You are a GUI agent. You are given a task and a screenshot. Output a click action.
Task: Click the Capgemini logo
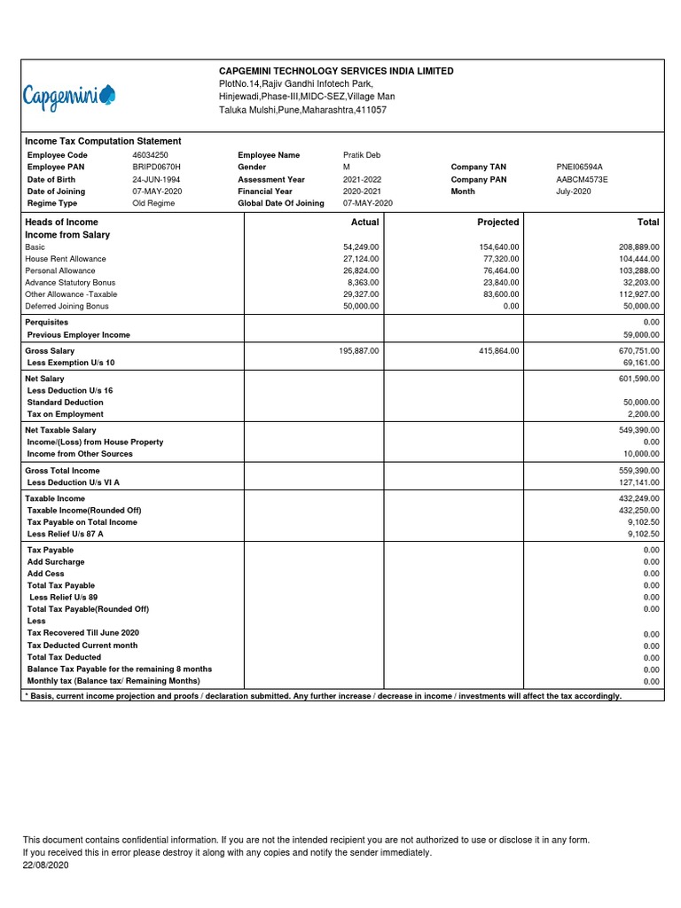tap(69, 95)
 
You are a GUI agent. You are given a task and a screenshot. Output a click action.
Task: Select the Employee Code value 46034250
tap(150, 155)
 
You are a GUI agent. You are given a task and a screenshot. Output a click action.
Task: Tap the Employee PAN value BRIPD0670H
tap(156, 167)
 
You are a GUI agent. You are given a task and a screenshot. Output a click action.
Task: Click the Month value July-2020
tap(573, 192)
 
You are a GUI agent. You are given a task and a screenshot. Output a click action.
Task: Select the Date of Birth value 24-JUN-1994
tap(156, 179)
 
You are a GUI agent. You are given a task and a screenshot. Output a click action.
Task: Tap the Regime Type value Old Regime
tap(153, 203)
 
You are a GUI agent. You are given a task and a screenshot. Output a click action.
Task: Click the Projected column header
tap(498, 222)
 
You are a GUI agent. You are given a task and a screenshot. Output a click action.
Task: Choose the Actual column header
tap(364, 222)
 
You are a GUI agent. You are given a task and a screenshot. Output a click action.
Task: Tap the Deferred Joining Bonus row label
tap(67, 306)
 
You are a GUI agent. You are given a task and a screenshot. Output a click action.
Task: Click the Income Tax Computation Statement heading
tap(103, 141)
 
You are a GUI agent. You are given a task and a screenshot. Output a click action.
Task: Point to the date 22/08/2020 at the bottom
tap(45, 865)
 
